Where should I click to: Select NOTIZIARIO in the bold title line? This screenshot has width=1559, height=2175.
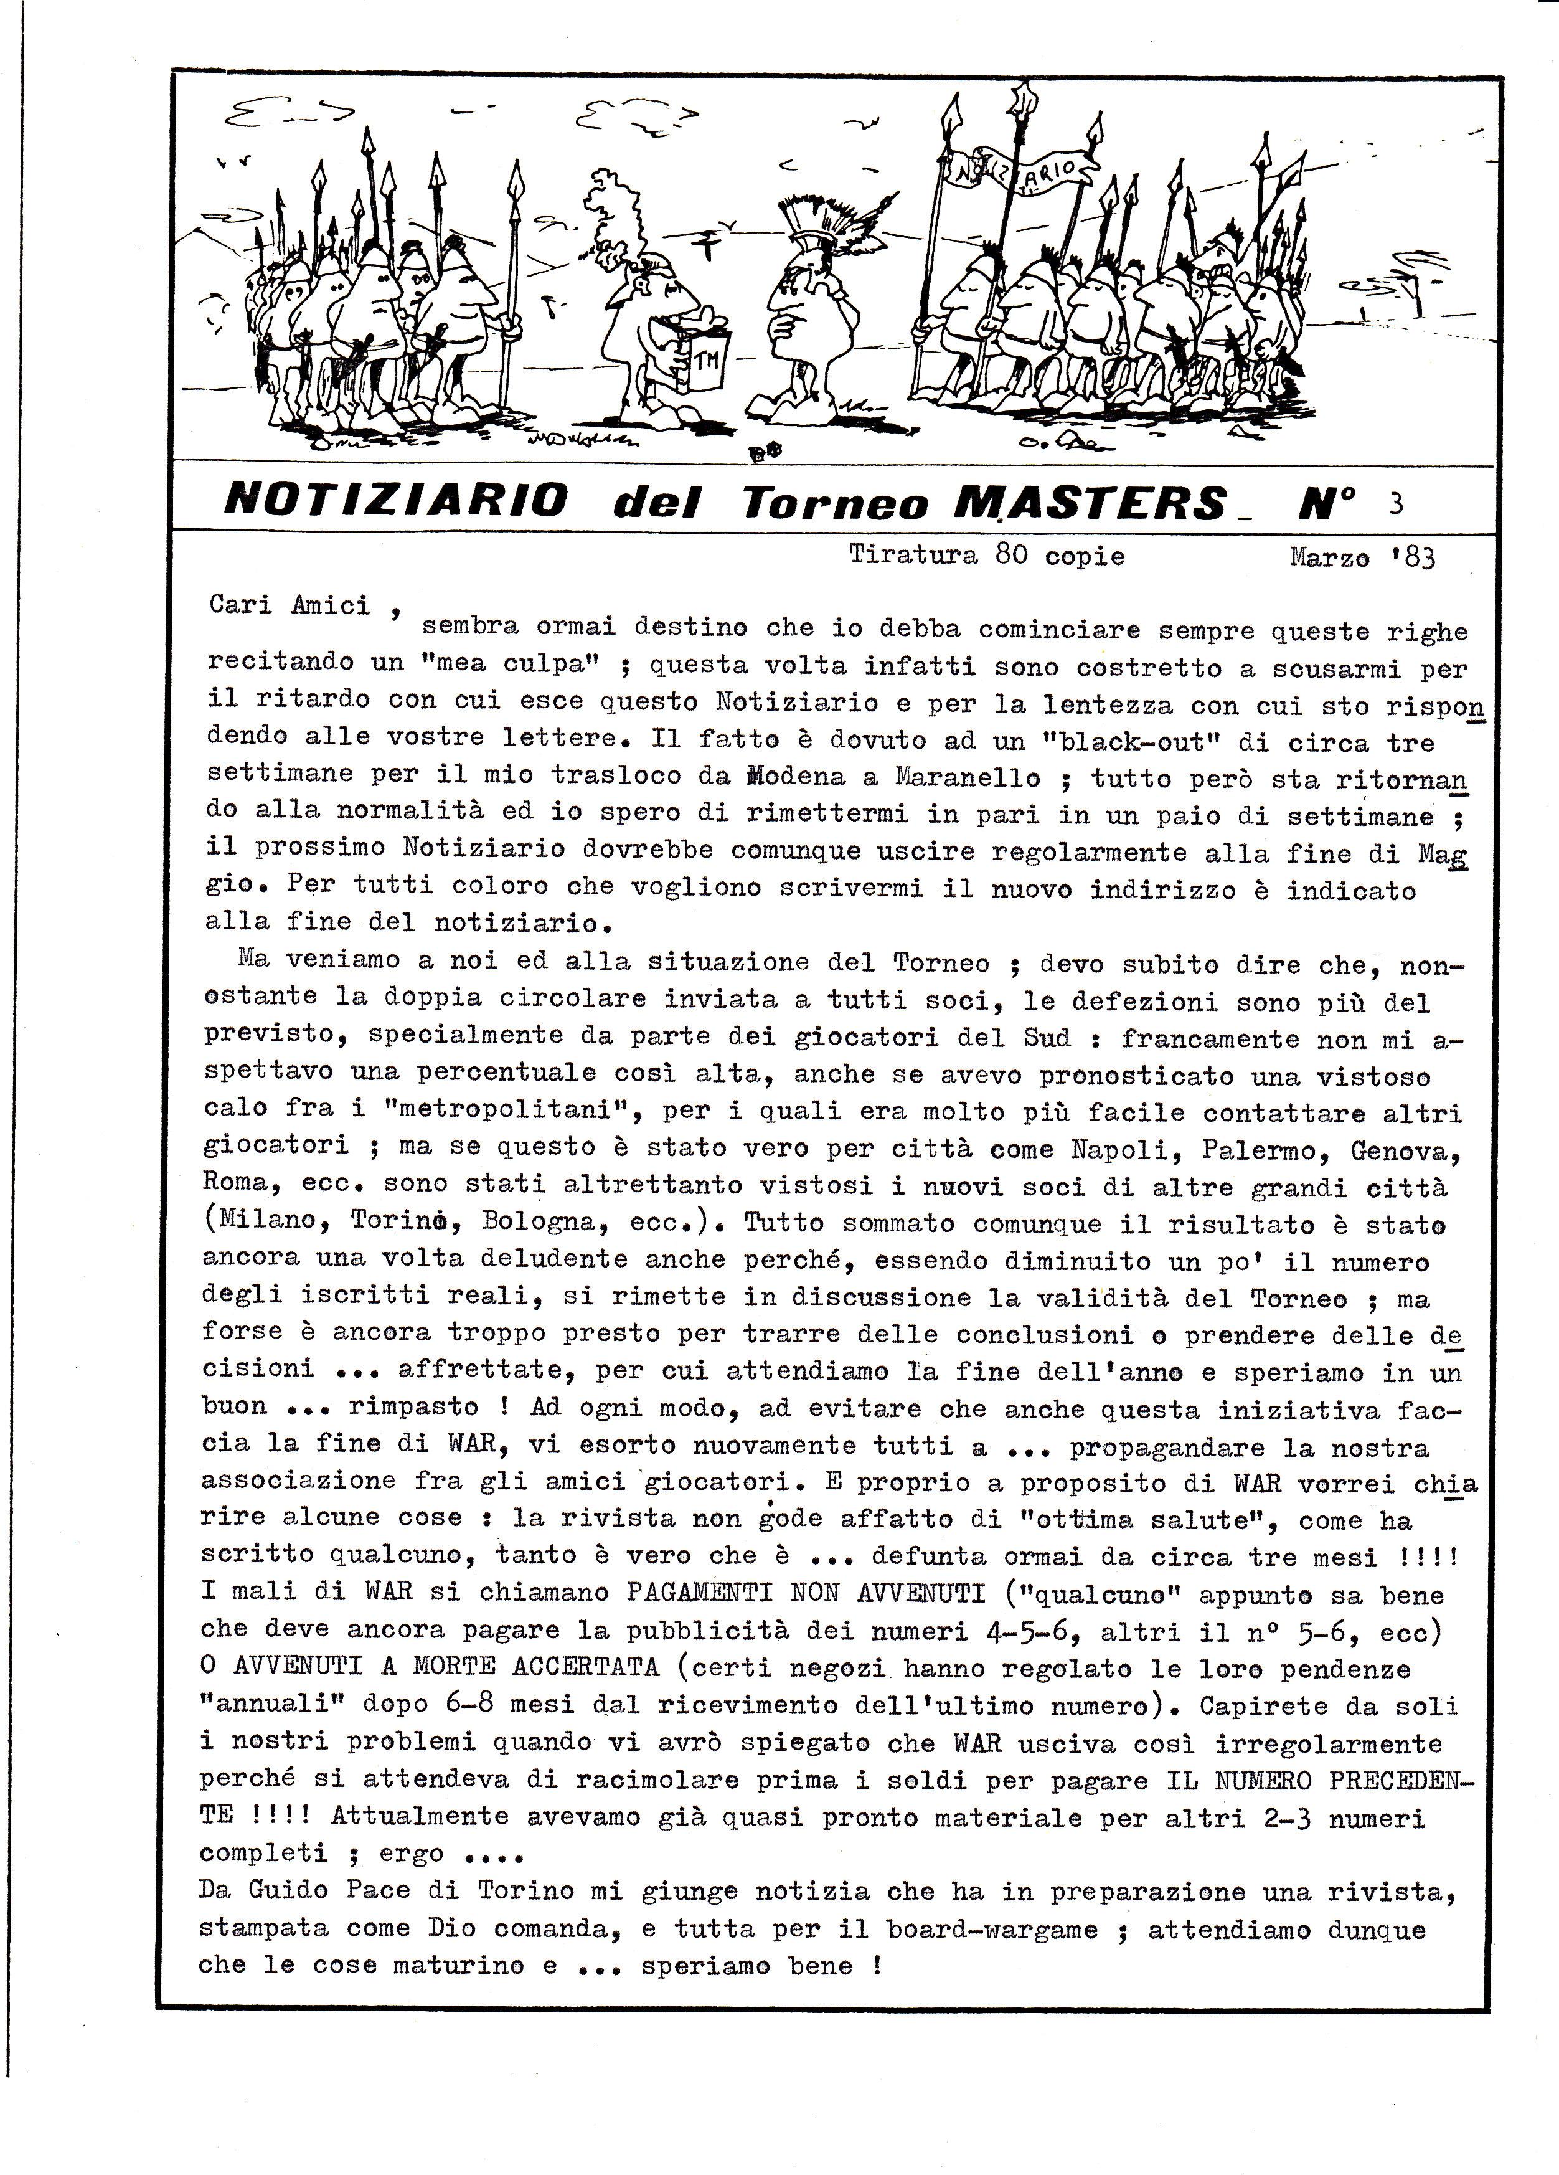click(395, 500)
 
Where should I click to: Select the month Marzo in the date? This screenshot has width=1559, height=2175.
click(1329, 557)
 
